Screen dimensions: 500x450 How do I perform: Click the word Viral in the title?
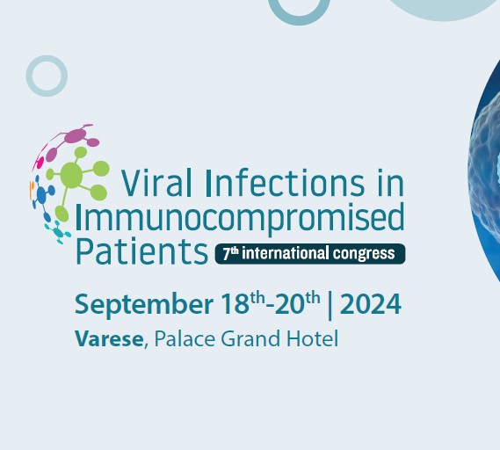[x=156, y=183]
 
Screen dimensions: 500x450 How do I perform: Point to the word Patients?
[x=141, y=251]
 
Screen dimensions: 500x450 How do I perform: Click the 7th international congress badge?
[x=310, y=254]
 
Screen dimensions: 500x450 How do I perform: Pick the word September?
[x=144, y=306]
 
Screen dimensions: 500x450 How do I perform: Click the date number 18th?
[x=243, y=303]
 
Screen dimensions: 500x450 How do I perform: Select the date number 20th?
[x=297, y=303]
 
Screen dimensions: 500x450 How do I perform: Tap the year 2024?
[x=371, y=304]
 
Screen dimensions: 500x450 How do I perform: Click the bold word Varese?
[x=109, y=338]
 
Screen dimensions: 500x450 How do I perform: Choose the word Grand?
[x=250, y=338]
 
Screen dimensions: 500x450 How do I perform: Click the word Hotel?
[x=313, y=338]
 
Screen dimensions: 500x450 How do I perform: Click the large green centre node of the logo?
[x=71, y=175]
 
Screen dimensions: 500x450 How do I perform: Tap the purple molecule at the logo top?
[x=76, y=136]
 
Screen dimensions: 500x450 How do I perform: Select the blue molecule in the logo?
[x=42, y=195]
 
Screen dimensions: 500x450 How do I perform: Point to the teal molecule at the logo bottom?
[x=58, y=232]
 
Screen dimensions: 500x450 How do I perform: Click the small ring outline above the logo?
[x=47, y=57]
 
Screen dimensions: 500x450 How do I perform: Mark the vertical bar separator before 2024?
[x=330, y=305]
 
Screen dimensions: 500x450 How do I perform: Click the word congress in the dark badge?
[x=364, y=254]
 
